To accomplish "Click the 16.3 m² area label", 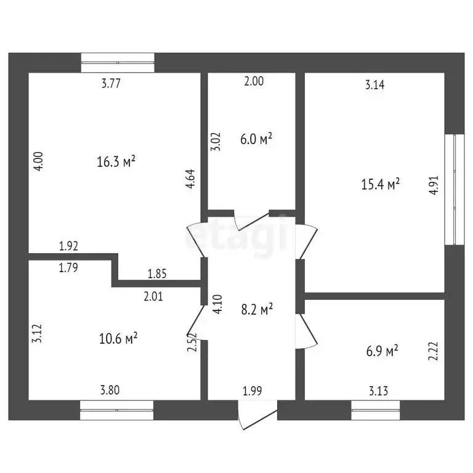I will click(x=116, y=162).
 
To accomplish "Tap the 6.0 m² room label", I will click(x=256, y=140).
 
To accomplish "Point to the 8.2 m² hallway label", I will click(x=257, y=310).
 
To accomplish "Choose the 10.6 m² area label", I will click(x=118, y=338).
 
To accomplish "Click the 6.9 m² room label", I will click(x=382, y=351).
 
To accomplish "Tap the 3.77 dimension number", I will click(x=110, y=84).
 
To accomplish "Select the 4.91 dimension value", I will click(x=434, y=186).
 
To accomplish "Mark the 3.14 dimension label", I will click(x=375, y=85).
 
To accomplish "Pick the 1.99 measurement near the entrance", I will click(x=252, y=389).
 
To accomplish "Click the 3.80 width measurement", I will click(x=110, y=389).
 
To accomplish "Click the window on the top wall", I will click(x=118, y=62).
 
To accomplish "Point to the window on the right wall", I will click(x=454, y=188).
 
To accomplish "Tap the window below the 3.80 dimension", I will click(x=117, y=410).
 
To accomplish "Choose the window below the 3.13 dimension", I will click(x=376, y=410).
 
